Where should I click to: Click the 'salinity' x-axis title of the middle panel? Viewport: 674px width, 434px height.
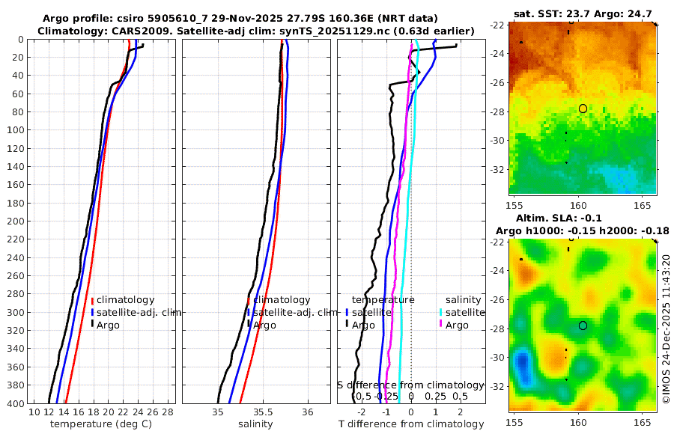tap(255, 424)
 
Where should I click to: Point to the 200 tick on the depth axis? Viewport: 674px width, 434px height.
tap(14, 221)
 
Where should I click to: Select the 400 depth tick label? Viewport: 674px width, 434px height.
tap(14, 403)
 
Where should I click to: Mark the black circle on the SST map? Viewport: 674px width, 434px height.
tap(583, 109)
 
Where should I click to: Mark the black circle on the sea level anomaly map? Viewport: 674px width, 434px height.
tap(583, 325)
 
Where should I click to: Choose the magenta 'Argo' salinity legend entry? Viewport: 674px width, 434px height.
tap(457, 325)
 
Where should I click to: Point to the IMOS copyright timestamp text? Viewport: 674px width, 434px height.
tap(667, 329)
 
